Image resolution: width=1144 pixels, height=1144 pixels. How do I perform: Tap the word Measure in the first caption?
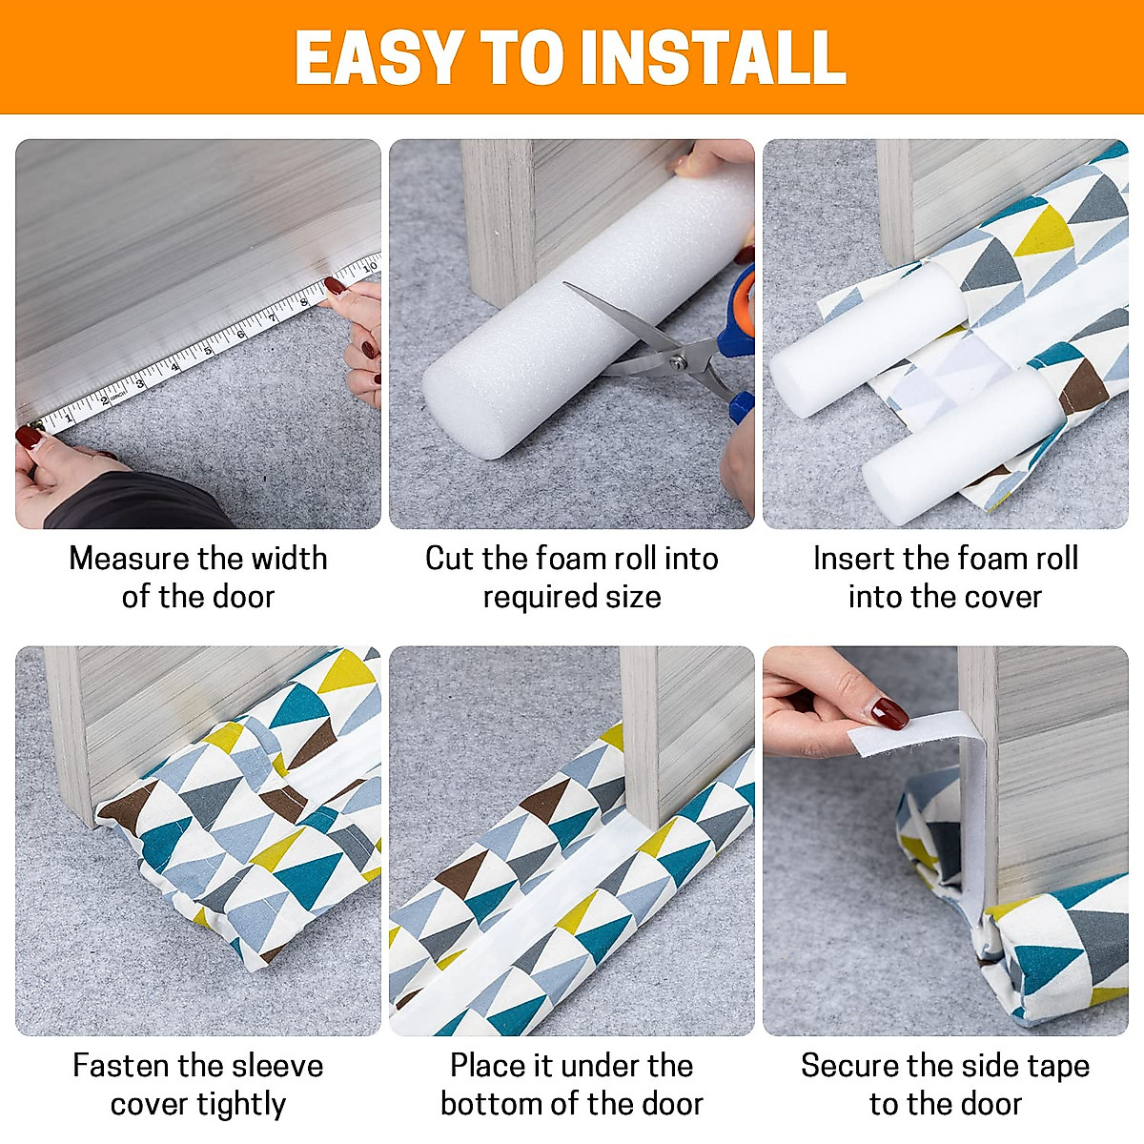tap(129, 559)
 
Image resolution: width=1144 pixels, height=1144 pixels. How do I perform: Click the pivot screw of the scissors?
tap(678, 361)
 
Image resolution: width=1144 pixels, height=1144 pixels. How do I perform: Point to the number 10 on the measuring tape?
tap(369, 266)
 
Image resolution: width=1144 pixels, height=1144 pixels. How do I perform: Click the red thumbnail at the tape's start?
tap(29, 438)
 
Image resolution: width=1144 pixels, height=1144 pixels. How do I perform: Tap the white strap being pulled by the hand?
tap(915, 732)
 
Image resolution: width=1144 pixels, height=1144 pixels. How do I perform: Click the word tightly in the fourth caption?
tap(239, 1105)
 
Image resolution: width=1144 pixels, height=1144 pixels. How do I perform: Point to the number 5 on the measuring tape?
tap(207, 351)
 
